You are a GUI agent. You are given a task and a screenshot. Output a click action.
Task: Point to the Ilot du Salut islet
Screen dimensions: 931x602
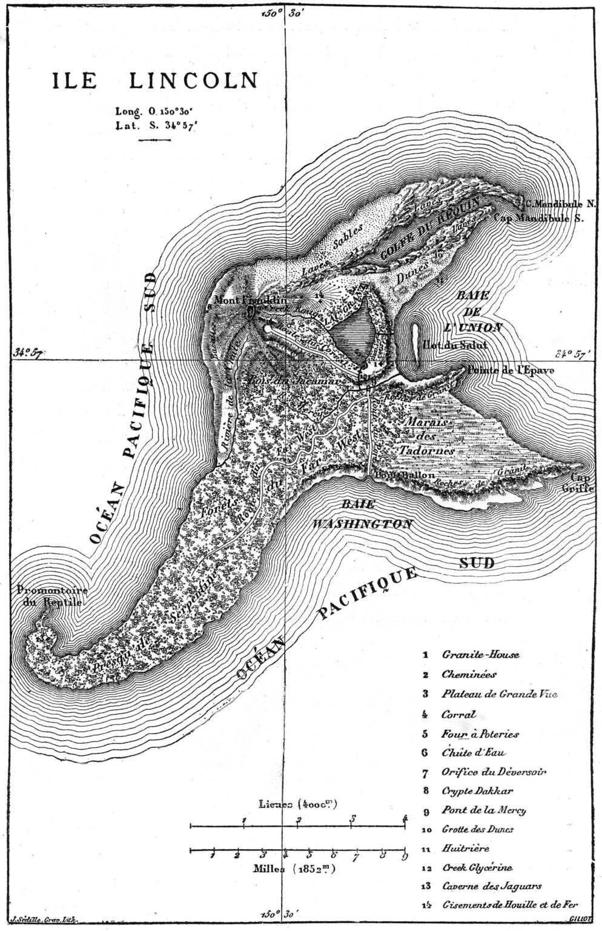pos(417,344)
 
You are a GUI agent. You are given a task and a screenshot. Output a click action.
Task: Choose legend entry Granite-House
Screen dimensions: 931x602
pos(480,655)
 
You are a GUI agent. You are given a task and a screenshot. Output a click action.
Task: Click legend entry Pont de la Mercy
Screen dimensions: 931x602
pos(483,810)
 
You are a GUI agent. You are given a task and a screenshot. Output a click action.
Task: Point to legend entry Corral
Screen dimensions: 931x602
pos(460,714)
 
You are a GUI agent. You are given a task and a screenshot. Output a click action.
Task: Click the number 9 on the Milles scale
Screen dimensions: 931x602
pos(404,856)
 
